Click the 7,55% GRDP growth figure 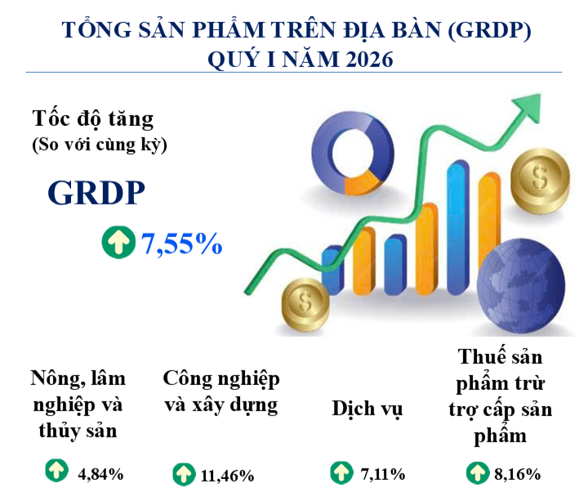point(181,244)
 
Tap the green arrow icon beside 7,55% point(118,242)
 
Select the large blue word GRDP point(96,193)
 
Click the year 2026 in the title point(369,60)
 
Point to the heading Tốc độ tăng point(93,119)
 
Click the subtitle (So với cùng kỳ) point(100,145)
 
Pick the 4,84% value point(100,474)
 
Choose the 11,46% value point(227,476)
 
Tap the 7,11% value point(383,474)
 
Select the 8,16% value point(517,474)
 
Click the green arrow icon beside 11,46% point(184,474)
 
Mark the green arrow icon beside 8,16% point(478,473)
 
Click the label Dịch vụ point(367,409)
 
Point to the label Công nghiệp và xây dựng point(221,392)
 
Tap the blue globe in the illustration point(521,286)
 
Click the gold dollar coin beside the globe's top point(541,181)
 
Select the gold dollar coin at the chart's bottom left point(305,304)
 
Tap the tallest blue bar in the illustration point(458,227)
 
